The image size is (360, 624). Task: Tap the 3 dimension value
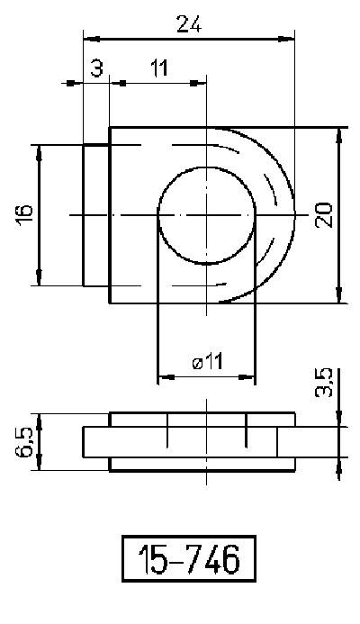point(96,68)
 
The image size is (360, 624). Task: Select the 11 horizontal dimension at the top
point(158,68)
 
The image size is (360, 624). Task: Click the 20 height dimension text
point(324,214)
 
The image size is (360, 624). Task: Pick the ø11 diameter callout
point(208,362)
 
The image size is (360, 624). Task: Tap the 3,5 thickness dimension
point(326,382)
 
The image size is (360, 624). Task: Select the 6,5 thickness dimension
point(26,441)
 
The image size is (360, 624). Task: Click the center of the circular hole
point(206,215)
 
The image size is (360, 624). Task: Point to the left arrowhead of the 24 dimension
point(88,39)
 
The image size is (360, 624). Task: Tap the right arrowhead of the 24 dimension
point(289,39)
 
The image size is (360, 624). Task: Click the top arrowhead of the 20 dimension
point(339,133)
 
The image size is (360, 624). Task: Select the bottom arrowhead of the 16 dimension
point(39,280)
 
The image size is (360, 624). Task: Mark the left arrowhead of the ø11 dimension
point(163,375)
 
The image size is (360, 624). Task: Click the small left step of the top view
point(96,215)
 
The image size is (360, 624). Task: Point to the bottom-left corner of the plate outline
point(110,303)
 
